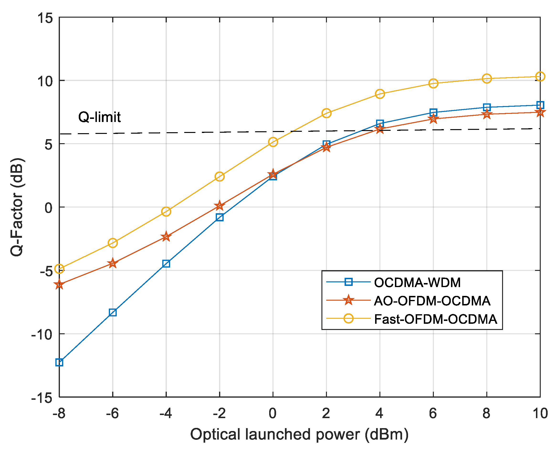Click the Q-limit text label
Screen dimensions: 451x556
pyautogui.click(x=99, y=117)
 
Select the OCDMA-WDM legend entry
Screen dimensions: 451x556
pyautogui.click(x=417, y=282)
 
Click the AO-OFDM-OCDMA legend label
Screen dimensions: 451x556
pyautogui.click(x=432, y=301)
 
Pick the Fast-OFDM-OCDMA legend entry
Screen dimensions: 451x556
pyautogui.click(x=435, y=319)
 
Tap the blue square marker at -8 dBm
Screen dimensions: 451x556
pyautogui.click(x=59, y=362)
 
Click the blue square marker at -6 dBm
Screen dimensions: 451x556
pyautogui.click(x=113, y=312)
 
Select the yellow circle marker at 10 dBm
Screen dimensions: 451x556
pyautogui.click(x=540, y=77)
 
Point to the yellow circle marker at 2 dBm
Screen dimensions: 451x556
pyautogui.click(x=326, y=113)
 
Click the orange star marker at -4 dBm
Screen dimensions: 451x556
pyautogui.click(x=166, y=236)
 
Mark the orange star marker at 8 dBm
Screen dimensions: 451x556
pyautogui.click(x=487, y=114)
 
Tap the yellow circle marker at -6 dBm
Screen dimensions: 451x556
pyautogui.click(x=113, y=243)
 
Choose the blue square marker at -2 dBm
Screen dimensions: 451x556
pyautogui.click(x=220, y=218)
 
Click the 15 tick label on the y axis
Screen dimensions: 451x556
pyautogui.click(x=45, y=18)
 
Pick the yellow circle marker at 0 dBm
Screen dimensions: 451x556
pyautogui.click(x=273, y=142)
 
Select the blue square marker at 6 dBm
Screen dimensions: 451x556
pyautogui.click(x=433, y=112)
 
